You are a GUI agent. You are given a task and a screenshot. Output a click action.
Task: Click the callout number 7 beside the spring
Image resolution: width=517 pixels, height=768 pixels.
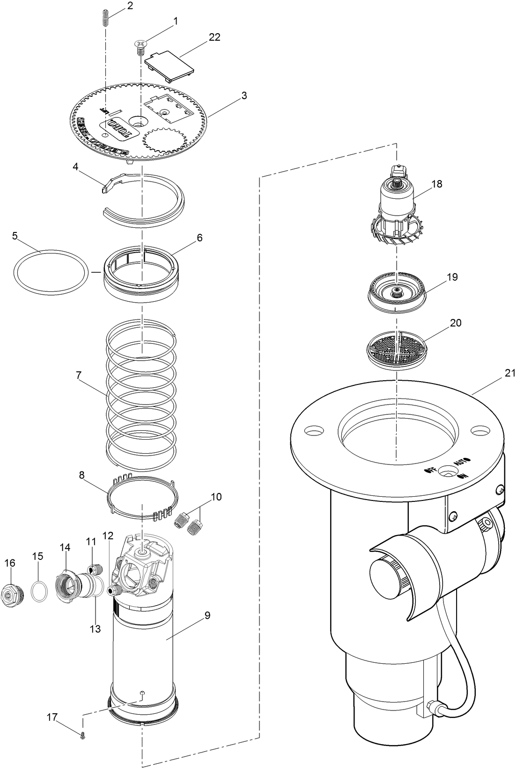[79, 375]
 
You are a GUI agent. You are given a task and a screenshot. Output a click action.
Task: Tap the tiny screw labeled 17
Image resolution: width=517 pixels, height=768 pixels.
[82, 735]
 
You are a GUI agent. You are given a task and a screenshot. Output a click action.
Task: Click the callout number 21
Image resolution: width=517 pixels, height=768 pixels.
[510, 373]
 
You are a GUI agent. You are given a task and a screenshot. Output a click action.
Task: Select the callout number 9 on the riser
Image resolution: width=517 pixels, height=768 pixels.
[207, 615]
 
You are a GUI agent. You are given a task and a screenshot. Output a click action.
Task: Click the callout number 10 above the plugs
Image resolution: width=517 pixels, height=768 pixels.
[216, 497]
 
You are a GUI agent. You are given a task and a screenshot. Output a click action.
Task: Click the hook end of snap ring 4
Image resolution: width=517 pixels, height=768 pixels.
[105, 188]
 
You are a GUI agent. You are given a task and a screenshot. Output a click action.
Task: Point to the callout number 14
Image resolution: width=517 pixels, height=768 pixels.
[65, 547]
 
